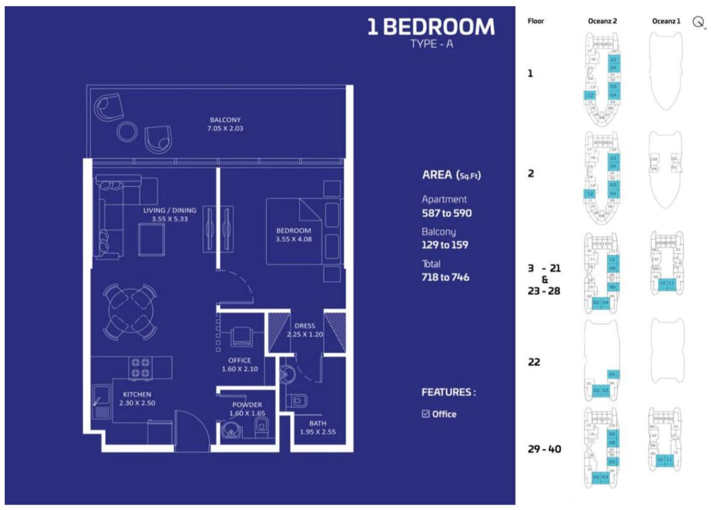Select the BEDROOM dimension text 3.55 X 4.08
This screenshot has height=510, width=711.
click(294, 240)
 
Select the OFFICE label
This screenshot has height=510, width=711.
click(240, 360)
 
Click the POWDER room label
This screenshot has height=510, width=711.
click(247, 405)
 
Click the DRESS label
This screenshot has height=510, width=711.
click(305, 326)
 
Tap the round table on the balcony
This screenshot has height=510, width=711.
click(127, 132)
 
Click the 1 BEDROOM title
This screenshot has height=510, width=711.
click(431, 27)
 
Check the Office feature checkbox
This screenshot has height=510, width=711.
click(425, 414)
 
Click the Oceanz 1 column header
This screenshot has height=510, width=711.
click(666, 21)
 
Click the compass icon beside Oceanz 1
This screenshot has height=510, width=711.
click(699, 22)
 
